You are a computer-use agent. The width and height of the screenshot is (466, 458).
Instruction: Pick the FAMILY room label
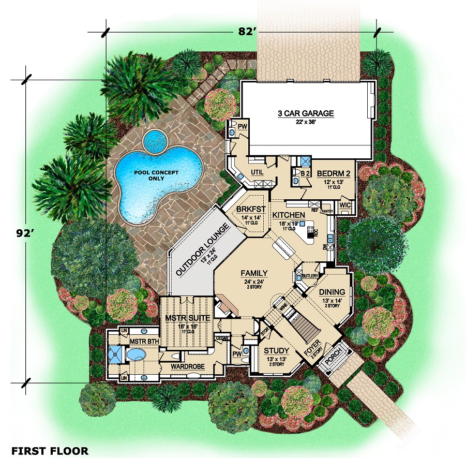point(253,273)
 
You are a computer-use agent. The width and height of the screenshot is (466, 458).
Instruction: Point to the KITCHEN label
point(289,214)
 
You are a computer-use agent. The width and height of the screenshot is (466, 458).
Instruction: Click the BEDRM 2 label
point(334,174)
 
